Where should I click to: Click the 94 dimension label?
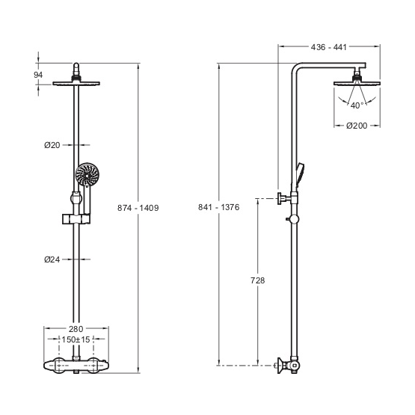point(38,75)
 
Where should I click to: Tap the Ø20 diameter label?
point(52,145)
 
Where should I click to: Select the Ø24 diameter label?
point(52,259)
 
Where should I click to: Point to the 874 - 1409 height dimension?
point(138,208)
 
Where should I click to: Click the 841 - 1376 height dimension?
point(218,207)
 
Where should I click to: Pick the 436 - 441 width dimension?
point(329,47)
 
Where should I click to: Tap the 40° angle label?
point(357,105)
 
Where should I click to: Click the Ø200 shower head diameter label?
point(357,126)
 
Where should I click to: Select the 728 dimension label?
point(257,280)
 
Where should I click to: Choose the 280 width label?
point(76,329)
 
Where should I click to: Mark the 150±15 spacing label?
point(76,339)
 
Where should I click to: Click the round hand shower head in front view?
point(87,174)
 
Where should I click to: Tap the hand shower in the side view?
point(300,175)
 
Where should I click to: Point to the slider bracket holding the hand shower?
point(76,218)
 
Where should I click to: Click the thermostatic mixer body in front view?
point(76,365)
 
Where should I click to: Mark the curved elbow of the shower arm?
point(296,67)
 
